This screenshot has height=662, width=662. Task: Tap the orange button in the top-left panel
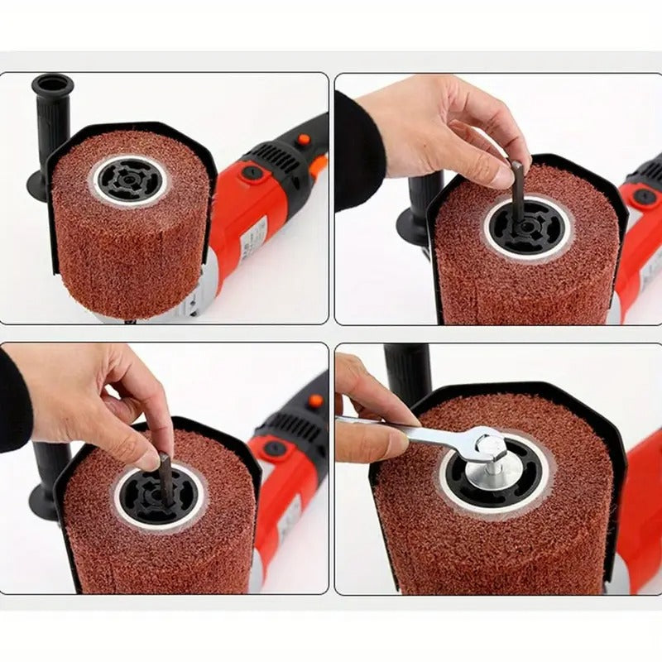point(303,140)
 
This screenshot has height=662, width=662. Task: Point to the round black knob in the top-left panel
point(252,173)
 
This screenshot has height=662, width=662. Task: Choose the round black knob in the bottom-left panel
point(273,448)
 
